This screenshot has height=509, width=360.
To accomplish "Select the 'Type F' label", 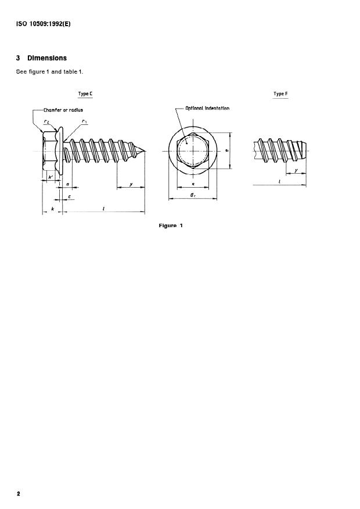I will (280, 94).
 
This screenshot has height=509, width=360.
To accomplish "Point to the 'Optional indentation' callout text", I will (207, 108).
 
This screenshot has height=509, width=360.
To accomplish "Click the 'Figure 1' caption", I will (171, 225).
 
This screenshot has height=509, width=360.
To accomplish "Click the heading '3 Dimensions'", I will (41, 58).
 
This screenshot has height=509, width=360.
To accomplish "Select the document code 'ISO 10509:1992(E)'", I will (44, 24).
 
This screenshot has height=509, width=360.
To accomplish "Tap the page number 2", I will (19, 494).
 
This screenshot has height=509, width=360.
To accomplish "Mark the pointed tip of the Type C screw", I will (145, 152).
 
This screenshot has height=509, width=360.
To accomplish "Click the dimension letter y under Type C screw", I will (131, 184).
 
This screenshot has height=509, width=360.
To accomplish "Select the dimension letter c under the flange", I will (70, 196).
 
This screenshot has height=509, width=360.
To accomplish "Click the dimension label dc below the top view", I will (192, 195).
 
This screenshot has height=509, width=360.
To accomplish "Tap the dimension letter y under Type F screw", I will (296, 171).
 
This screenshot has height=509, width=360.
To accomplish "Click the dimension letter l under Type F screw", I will (280, 181).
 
